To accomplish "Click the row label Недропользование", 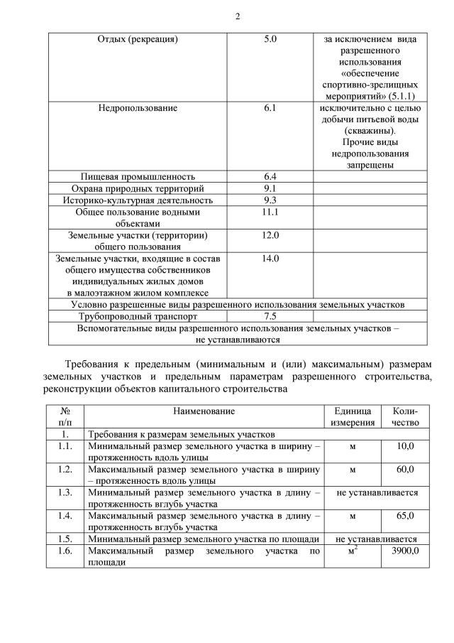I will tap(138, 108).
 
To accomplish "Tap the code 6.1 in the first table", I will tap(270, 108).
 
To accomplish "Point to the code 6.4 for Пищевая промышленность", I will tap(270, 176).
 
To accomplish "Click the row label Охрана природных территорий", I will tap(138, 188).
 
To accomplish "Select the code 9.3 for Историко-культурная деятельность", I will tap(270, 200).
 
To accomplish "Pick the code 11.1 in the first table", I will tap(270, 212).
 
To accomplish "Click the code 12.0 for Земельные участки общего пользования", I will tap(270, 235).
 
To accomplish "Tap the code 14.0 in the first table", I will tap(270, 259).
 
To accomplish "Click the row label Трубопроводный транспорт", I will tap(138, 316).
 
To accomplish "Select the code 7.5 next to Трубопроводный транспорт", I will tap(270, 316).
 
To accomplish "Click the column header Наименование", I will tap(203, 411).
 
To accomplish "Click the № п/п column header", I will tap(65, 416).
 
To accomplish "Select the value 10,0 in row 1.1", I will tap(405, 446).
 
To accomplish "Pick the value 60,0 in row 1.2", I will tap(405, 470).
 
